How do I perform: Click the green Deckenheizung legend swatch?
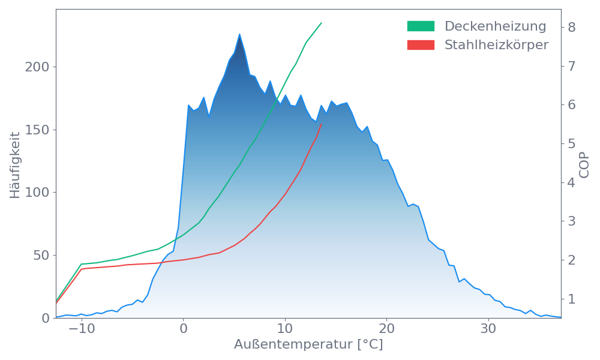pos(421,26)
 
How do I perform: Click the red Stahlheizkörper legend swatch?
pos(421,45)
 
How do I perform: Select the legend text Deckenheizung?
pos(495,26)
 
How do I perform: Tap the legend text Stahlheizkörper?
pos(496,45)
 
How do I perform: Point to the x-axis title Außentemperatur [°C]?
pos(308,345)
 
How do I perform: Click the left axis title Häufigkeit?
pos(15,165)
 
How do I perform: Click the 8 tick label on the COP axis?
pos(572,27)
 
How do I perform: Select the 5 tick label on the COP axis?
pos(572,143)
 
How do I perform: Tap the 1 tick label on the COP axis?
pos(572,299)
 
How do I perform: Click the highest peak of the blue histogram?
pos(239,34)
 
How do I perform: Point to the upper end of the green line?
pos(322,23)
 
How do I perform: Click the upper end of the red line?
pos(322,124)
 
